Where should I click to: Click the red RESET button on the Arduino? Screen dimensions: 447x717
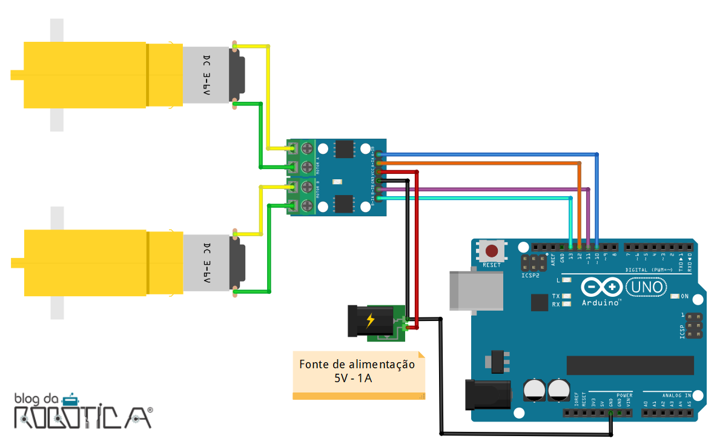[x=492, y=251]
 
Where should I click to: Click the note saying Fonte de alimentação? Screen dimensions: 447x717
[x=358, y=371]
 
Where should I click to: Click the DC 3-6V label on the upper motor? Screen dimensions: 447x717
[x=207, y=76]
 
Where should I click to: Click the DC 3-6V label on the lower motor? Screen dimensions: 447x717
[x=207, y=263]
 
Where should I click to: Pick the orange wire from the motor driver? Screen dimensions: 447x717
[x=484, y=163]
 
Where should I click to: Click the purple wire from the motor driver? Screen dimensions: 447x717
[x=484, y=190]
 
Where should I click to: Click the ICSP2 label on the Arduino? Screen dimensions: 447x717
[x=530, y=275]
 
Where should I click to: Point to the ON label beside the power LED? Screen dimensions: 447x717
[x=684, y=296]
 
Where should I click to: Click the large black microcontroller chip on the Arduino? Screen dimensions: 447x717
[x=630, y=365]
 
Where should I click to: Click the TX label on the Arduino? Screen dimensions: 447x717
[x=555, y=296]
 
